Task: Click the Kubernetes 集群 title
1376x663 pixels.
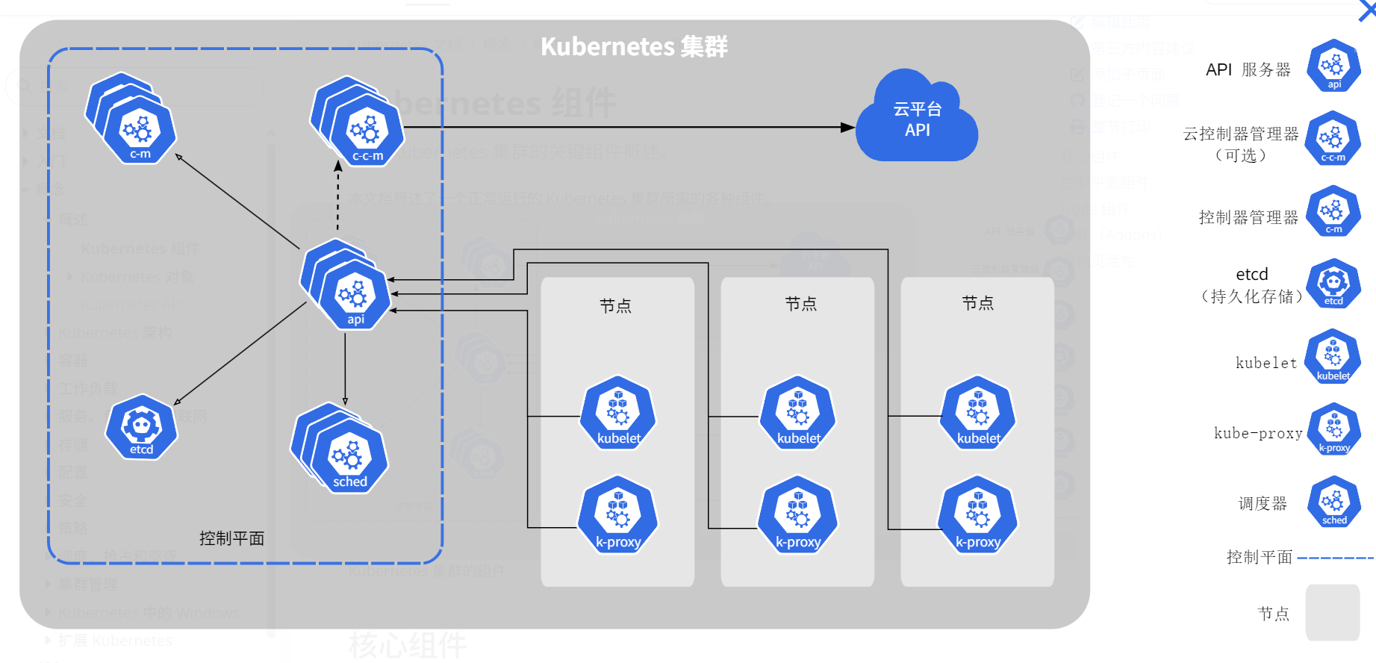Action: tap(634, 46)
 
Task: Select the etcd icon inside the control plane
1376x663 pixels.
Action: tap(141, 427)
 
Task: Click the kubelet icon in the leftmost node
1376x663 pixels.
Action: tap(618, 413)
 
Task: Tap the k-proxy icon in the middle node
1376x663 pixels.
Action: tap(798, 515)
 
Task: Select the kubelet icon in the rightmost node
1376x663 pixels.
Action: tap(978, 413)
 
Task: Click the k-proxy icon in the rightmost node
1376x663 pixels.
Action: tap(978, 515)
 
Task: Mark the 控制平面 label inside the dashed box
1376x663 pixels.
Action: tap(231, 538)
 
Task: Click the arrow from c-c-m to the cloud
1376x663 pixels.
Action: tap(627, 128)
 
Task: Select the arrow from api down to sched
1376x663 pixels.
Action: tap(345, 370)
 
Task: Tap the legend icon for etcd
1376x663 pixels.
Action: tap(1333, 284)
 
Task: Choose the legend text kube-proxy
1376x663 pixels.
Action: tap(1258, 433)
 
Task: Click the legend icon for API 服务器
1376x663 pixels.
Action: tap(1333, 66)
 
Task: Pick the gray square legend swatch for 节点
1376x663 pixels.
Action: tap(1332, 612)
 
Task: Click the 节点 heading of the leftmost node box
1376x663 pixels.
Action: tap(615, 305)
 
